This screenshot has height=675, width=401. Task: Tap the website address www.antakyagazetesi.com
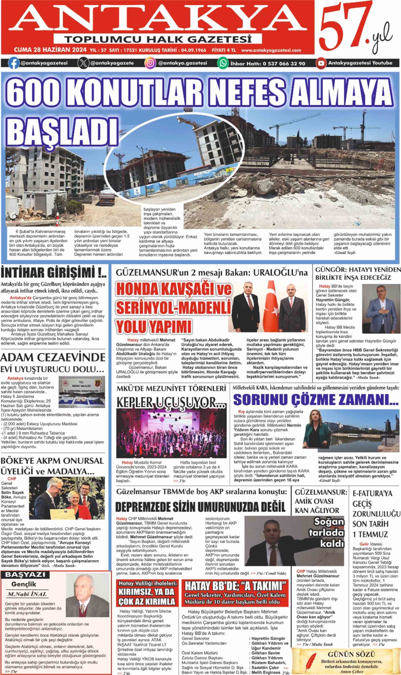[x=271, y=50]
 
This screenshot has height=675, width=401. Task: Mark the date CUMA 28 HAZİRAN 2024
[x=50, y=50]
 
